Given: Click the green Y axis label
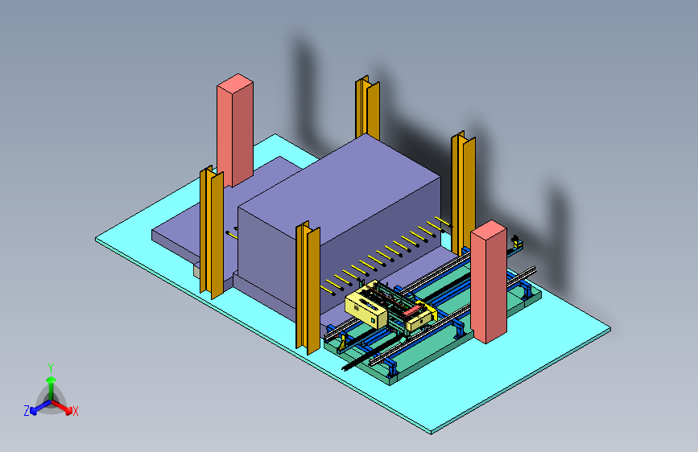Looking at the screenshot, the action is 51,368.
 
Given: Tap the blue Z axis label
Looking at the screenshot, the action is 27,411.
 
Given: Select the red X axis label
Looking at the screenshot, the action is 75,411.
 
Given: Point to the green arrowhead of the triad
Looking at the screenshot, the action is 52,380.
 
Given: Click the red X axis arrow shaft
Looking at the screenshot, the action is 60,405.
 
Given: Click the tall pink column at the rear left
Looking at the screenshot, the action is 235,130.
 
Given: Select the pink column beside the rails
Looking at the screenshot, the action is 489,281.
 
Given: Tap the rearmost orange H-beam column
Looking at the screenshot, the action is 368,108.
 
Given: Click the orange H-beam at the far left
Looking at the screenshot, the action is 212,232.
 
